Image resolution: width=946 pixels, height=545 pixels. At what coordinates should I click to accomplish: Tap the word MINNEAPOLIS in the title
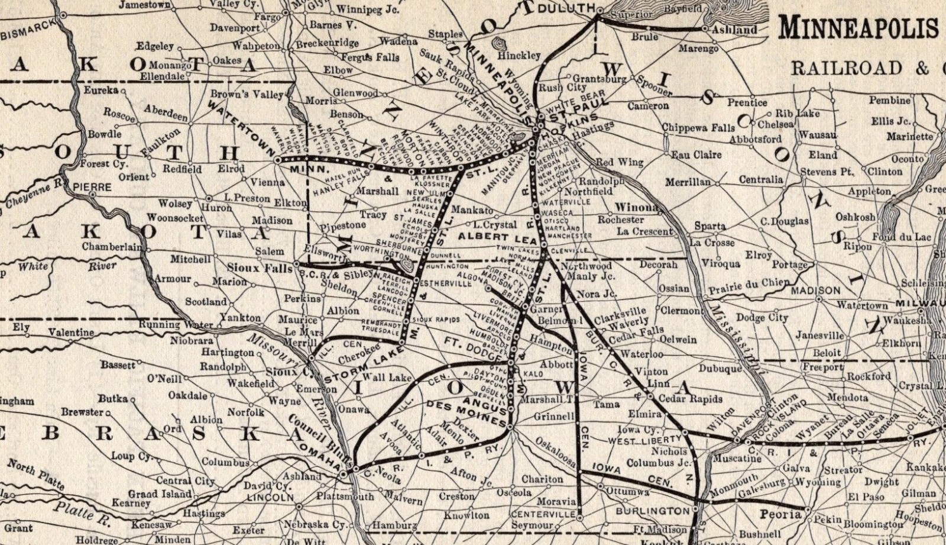point(859,27)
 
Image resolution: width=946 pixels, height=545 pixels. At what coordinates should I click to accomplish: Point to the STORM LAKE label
point(361,366)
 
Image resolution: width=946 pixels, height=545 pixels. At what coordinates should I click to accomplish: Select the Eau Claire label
point(696,154)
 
